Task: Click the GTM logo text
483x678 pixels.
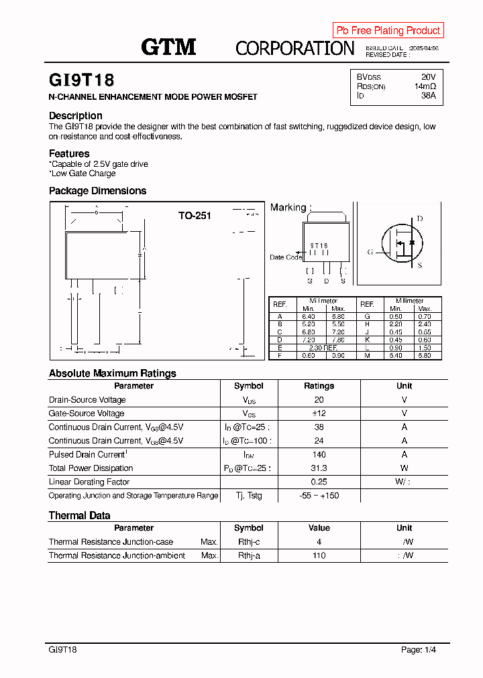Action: point(168,47)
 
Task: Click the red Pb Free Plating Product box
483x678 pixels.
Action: point(388,30)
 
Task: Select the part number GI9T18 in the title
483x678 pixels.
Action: point(82,80)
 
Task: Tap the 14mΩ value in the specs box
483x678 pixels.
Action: point(425,86)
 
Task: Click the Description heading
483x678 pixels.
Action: point(76,116)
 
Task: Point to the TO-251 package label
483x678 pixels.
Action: point(195,216)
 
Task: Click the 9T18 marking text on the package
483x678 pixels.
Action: point(319,246)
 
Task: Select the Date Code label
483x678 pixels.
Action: point(286,257)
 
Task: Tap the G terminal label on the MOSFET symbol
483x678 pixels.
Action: point(370,252)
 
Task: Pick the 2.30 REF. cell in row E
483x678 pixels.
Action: point(323,348)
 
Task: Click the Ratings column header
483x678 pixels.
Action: point(319,386)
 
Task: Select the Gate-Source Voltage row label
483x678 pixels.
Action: point(87,413)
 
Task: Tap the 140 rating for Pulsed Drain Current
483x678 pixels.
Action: point(319,454)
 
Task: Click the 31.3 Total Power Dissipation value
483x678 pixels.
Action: point(319,468)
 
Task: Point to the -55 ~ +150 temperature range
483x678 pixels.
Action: point(319,496)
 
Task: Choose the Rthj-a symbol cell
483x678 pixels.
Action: point(249,555)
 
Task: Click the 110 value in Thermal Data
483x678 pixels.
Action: point(319,555)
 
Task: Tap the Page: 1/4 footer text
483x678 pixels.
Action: point(419,649)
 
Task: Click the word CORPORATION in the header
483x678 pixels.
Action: point(294,48)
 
